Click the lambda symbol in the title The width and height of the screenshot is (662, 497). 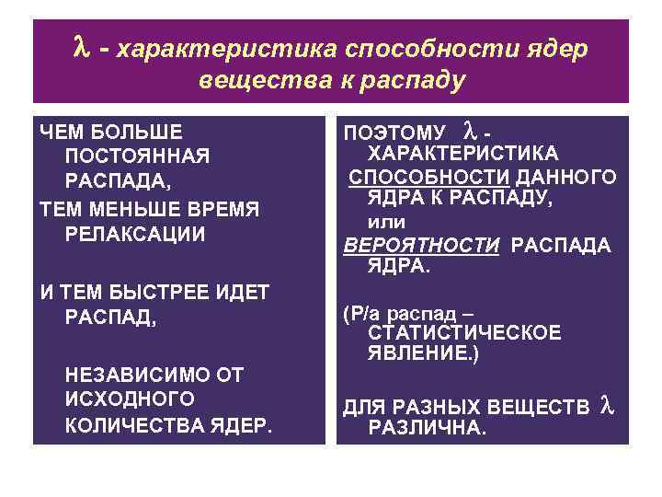click(78, 46)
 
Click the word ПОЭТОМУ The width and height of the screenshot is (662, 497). click(394, 133)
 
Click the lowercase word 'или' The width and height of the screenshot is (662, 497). click(386, 222)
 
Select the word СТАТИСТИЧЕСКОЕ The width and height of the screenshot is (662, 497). click(463, 333)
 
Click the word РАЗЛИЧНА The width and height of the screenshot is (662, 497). click(427, 427)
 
